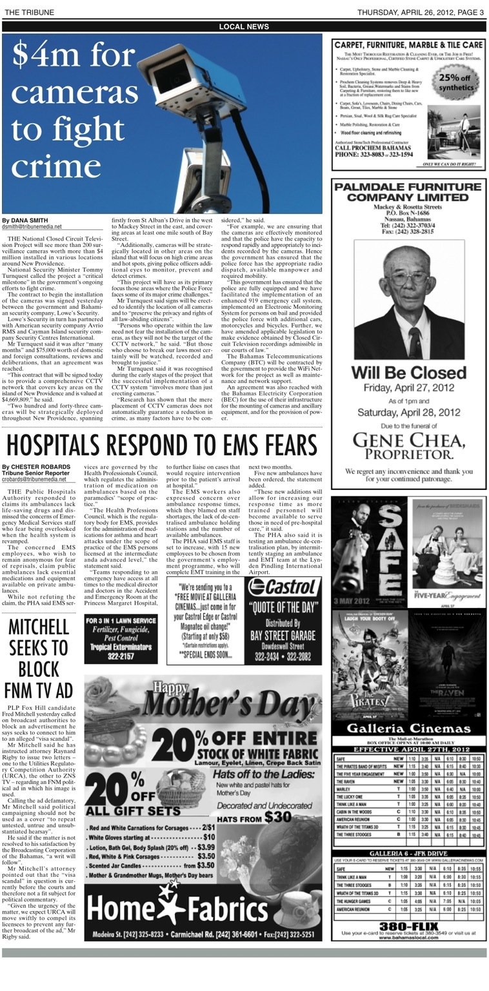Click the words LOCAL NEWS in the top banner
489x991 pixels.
pyautogui.click(x=244, y=26)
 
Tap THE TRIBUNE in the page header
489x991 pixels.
pyautogui.click(x=29, y=12)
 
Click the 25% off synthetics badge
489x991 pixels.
pyautogui.click(x=456, y=82)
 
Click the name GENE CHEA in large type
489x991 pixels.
pyautogui.click(x=408, y=440)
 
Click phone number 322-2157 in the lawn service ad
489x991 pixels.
pyautogui.click(x=121, y=656)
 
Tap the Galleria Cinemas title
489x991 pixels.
pyautogui.click(x=408, y=728)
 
